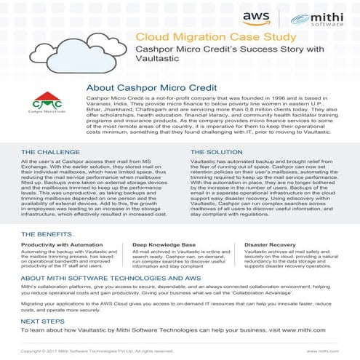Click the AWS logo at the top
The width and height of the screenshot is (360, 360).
click(x=252, y=17)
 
